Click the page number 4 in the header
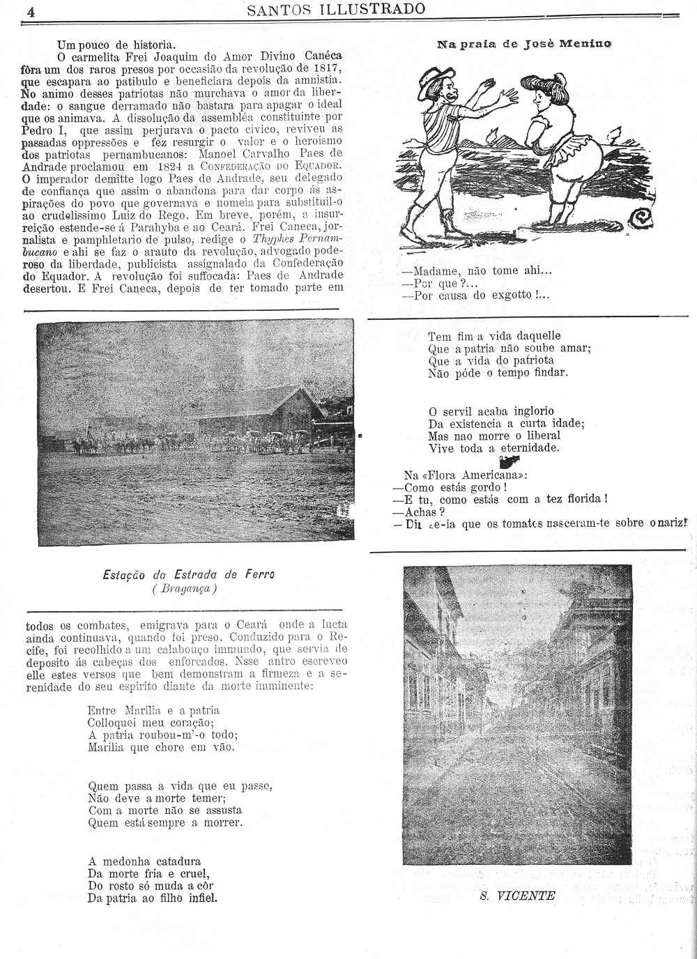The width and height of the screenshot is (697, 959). (x=31, y=11)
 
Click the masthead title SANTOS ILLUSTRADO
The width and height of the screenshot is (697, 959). (x=336, y=9)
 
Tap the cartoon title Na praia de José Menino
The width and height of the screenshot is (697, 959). (x=523, y=44)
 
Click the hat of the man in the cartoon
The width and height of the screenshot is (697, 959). (x=436, y=79)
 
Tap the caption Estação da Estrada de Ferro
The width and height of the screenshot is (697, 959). (x=188, y=575)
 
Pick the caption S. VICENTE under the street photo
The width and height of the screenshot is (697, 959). (x=517, y=896)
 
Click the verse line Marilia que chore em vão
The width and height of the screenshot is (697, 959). (x=162, y=747)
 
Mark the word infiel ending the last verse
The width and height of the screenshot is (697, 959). (x=203, y=898)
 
